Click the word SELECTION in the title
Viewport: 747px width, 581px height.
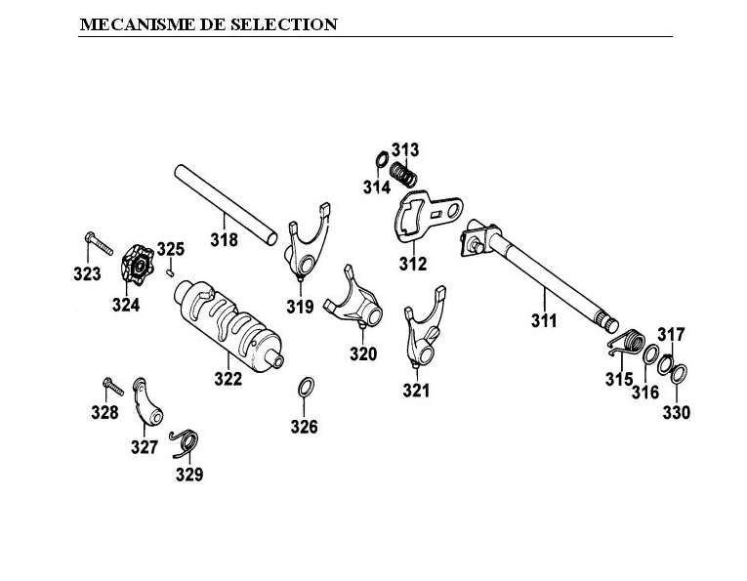[x=282, y=24]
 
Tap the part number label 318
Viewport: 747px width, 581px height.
[x=225, y=239]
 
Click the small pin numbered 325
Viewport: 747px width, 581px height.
[x=171, y=273]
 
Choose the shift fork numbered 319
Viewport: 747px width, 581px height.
[x=307, y=248]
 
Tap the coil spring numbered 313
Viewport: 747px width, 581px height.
[x=404, y=177]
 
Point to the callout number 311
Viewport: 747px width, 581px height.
[x=544, y=320]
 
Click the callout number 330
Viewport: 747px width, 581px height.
[x=677, y=413]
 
